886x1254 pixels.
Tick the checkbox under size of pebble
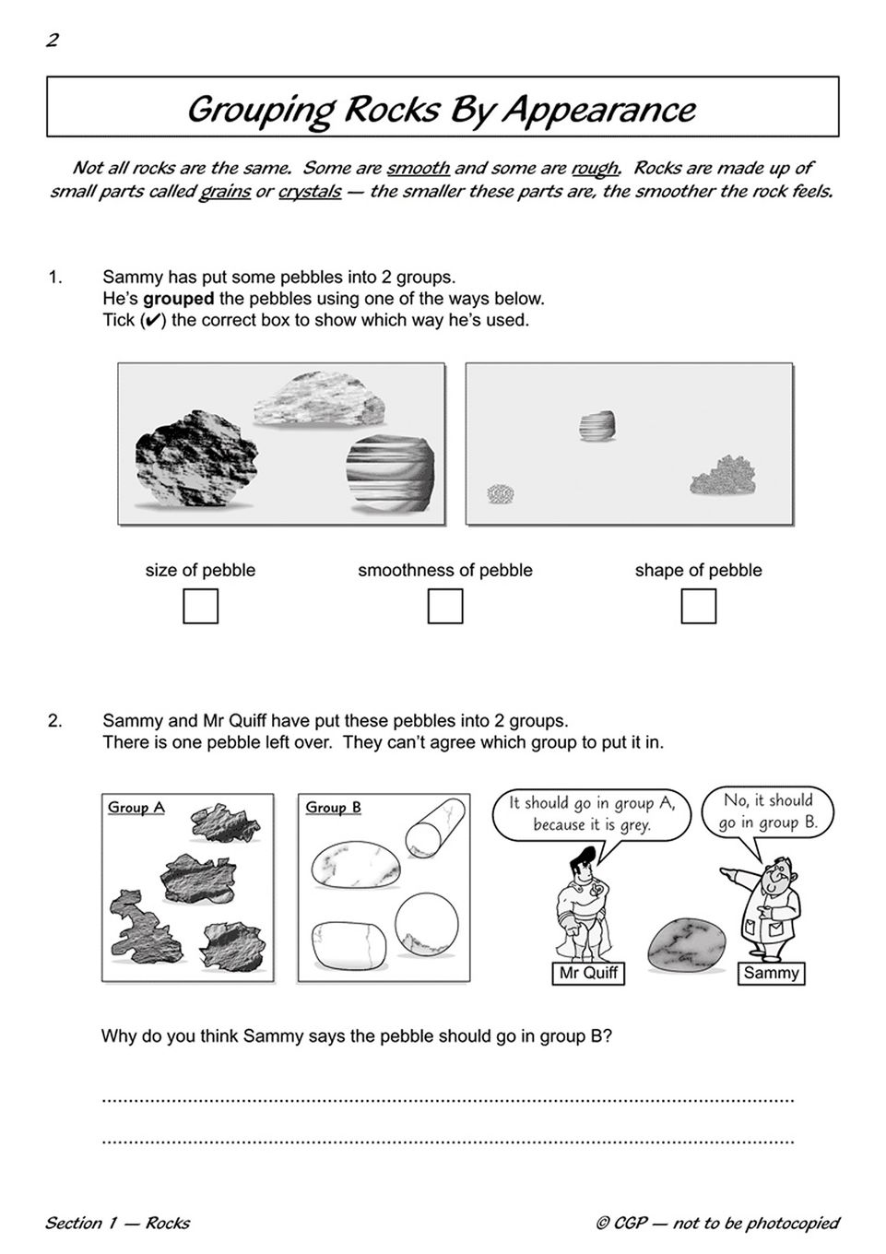[200, 606]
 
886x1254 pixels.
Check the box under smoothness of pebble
[445, 606]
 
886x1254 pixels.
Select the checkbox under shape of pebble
[698, 606]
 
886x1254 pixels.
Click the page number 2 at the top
[53, 40]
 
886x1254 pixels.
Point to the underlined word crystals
[310, 192]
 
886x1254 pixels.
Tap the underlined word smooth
[418, 168]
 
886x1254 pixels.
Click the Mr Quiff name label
[589, 973]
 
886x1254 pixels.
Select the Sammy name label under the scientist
[771, 973]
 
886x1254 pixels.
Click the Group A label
[136, 808]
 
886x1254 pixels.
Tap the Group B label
[334, 808]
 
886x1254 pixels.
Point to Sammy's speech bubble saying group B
[768, 811]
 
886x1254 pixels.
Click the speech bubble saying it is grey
[591, 814]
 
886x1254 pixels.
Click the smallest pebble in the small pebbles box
[501, 493]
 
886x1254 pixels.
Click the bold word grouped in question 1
[178, 299]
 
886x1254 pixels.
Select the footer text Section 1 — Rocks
[117, 1224]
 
